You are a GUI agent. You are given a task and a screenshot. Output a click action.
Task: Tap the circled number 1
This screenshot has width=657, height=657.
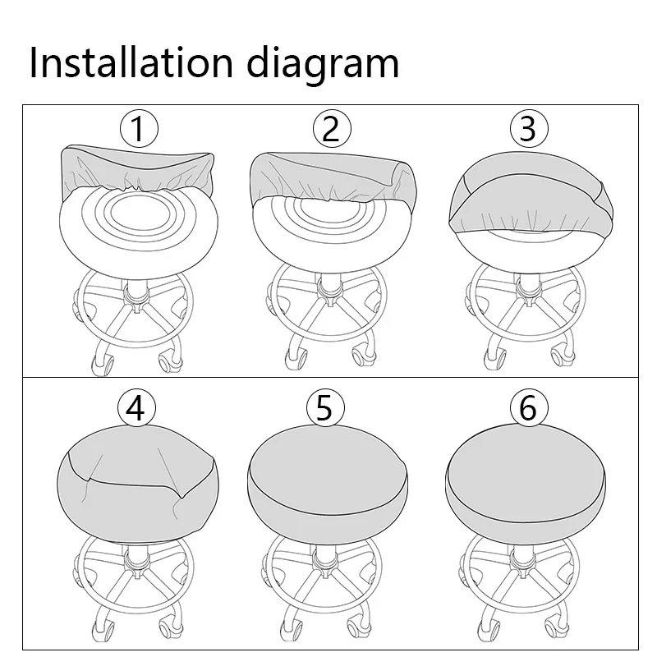coord(139,129)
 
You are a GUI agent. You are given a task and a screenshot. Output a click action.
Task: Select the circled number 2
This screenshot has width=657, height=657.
coord(331,129)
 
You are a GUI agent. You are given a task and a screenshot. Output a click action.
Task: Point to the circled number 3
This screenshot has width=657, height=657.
coord(528,129)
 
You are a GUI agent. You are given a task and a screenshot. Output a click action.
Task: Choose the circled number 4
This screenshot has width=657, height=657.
coord(137,408)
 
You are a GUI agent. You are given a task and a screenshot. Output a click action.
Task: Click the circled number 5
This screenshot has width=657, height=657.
coord(324,408)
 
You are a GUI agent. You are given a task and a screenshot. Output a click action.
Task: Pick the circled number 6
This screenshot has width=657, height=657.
coord(528,408)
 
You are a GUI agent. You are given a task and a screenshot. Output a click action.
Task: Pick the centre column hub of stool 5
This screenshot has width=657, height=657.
coord(327,563)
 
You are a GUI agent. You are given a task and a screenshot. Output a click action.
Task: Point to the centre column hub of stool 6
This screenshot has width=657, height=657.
coord(521,563)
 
